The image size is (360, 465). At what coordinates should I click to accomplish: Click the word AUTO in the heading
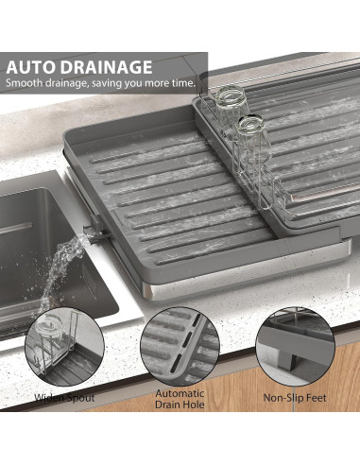35,67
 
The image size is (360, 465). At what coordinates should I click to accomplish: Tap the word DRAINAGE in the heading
107,67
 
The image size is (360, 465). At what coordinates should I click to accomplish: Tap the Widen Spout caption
64,398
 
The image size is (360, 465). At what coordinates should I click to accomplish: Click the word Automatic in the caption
180,393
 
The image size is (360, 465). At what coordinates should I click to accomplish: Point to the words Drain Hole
180,405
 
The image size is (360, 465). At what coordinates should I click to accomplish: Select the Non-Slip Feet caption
295,398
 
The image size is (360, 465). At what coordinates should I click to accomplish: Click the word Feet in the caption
316,398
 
